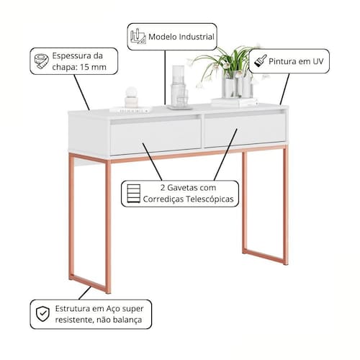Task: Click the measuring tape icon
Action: pyautogui.click(x=41, y=61)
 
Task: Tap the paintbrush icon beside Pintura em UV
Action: pyautogui.click(x=260, y=60)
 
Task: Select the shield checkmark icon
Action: pyautogui.click(x=42, y=314)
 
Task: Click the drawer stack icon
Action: pyautogui.click(x=133, y=194)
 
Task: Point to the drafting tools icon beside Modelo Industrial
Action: pyautogui.click(x=138, y=36)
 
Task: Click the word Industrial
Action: pyautogui.click(x=197, y=37)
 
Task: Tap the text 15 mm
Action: pyautogui.click(x=93, y=67)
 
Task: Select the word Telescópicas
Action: pyautogui.click(x=209, y=199)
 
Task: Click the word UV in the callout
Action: pyautogui.click(x=318, y=61)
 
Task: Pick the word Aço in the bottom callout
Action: pyautogui.click(x=113, y=309)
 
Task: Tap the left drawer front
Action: pyautogui.click(x=156, y=136)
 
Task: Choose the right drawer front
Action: pyautogui.click(x=245, y=130)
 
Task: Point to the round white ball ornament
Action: pyautogui.click(x=131, y=91)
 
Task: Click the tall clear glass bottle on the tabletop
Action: pyautogui.click(x=178, y=86)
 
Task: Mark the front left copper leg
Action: pyautogui.click(x=108, y=227)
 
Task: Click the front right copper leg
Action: pyautogui.click(x=285, y=206)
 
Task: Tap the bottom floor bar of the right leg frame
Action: pyautogui.click(x=265, y=257)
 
